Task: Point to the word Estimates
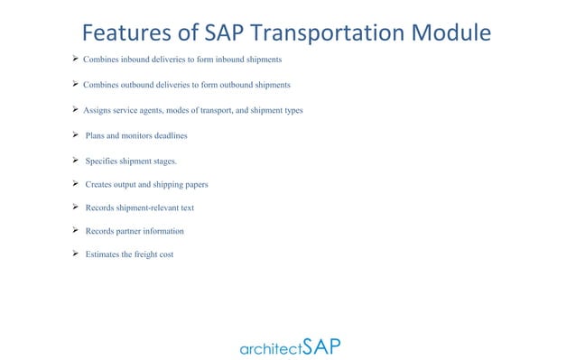103,254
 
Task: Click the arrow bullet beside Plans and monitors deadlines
75,135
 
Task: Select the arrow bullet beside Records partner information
75,230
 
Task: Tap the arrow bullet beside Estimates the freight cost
75,254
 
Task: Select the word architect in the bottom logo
270,348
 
